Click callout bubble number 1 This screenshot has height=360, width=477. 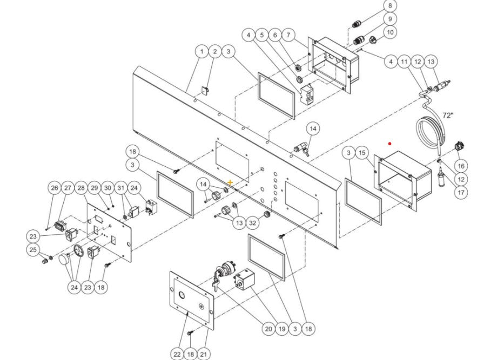coord(201,51)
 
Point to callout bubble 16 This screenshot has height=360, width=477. coord(460,166)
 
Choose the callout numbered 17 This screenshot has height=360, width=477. coord(460,192)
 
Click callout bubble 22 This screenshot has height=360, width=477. coord(177,354)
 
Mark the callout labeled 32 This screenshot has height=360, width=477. coord(253,223)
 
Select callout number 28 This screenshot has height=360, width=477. coord(81,188)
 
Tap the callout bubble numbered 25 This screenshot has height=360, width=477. coord(33,250)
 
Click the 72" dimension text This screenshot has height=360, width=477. coord(448,116)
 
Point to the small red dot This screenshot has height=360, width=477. coord(390,144)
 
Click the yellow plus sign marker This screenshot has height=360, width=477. coord(231,182)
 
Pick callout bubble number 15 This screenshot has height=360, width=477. coord(362,153)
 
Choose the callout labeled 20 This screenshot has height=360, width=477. coord(268,328)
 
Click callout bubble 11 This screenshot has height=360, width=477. coord(405,62)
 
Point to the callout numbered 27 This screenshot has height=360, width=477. coord(68,188)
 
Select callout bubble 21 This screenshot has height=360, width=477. coord(204,354)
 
